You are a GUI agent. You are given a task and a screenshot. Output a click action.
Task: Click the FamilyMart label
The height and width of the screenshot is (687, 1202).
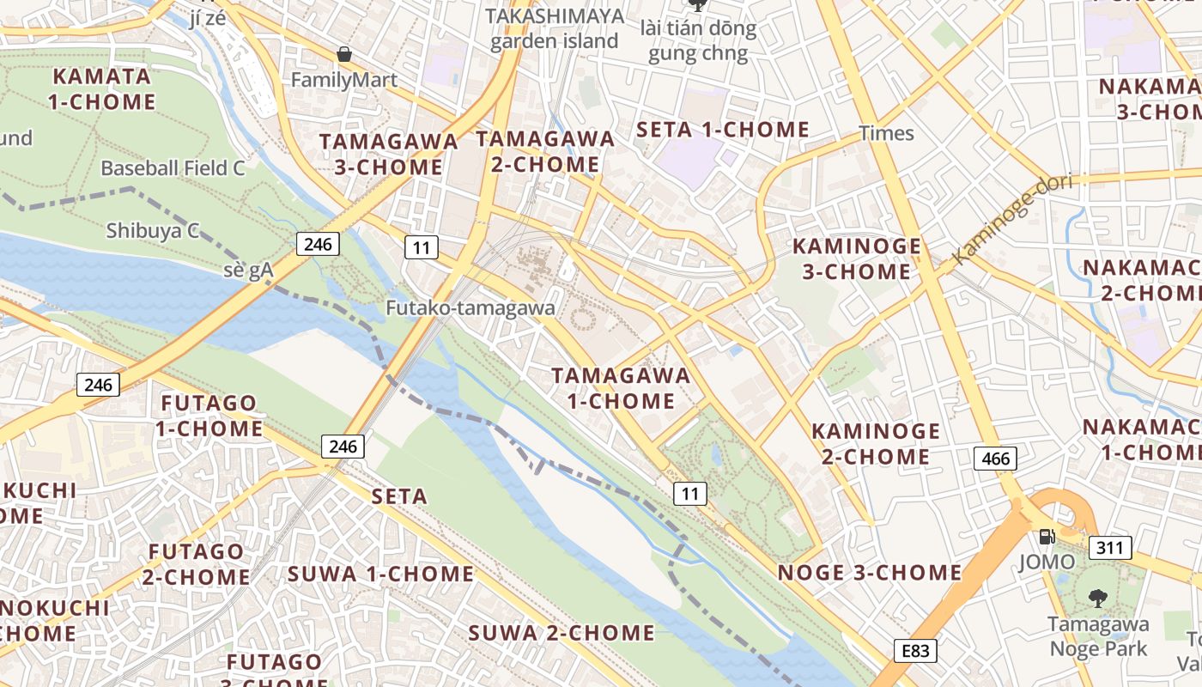(x=343, y=80)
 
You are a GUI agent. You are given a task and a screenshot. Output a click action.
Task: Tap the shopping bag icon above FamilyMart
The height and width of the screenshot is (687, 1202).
(x=344, y=55)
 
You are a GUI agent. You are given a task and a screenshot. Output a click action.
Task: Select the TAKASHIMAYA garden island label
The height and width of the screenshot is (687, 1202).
(x=554, y=28)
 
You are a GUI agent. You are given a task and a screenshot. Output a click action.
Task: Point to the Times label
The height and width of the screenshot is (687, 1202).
(x=886, y=133)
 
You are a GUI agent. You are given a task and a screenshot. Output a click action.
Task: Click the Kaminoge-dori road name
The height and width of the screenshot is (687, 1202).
(x=1001, y=220)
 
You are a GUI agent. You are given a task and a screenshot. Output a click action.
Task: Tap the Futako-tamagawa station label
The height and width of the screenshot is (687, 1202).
(x=470, y=307)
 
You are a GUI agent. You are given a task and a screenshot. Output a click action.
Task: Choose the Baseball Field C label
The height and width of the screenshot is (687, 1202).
(x=173, y=168)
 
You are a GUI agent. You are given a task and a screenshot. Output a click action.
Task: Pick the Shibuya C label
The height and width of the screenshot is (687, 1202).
(x=153, y=230)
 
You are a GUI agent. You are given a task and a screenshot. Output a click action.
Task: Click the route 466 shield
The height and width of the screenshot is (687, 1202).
(x=995, y=459)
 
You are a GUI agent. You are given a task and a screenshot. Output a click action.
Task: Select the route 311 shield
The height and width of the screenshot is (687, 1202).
(x=1110, y=547)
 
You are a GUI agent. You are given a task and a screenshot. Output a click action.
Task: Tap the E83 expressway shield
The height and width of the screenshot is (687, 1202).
(x=915, y=651)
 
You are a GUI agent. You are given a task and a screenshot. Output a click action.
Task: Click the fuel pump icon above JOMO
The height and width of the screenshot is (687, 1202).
(x=1047, y=537)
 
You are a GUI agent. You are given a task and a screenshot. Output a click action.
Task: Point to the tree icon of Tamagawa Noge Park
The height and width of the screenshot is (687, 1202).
(x=1097, y=599)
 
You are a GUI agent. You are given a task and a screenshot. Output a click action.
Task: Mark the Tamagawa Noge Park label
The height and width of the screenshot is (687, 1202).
(x=1098, y=636)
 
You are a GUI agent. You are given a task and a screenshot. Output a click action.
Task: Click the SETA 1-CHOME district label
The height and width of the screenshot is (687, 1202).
(x=722, y=130)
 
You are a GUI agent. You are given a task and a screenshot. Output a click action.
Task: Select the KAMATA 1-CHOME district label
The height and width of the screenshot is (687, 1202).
(x=101, y=88)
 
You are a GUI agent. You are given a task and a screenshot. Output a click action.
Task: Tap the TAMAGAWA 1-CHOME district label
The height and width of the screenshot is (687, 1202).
(x=621, y=388)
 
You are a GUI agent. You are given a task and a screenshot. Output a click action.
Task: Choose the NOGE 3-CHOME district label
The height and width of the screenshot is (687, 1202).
(x=869, y=573)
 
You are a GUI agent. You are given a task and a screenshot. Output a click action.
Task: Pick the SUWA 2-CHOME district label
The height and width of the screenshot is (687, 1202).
(x=561, y=634)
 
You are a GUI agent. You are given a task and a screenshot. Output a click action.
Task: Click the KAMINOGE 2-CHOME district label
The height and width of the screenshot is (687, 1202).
(x=875, y=443)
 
